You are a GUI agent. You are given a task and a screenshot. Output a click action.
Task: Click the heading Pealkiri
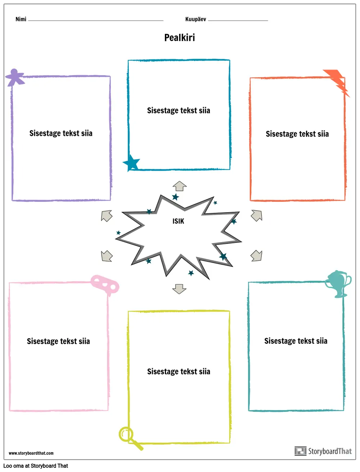[179, 37]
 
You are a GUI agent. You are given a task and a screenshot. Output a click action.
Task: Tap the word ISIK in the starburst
[178, 221]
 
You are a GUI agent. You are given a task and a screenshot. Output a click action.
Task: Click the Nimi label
[21, 19]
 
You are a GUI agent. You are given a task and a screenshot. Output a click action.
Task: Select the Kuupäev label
[195, 19]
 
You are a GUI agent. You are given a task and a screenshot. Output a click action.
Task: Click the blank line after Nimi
[95, 20]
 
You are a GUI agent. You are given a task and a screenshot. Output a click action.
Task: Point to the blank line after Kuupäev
[238, 20]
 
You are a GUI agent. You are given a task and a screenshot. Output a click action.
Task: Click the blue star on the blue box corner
[131, 163]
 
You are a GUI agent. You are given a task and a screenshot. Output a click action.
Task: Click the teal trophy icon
[338, 283]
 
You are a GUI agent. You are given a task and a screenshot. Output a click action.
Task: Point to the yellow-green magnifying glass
[130, 437]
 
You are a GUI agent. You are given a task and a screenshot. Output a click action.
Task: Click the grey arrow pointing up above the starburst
[179, 186]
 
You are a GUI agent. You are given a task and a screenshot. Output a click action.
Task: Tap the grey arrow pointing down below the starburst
[179, 289]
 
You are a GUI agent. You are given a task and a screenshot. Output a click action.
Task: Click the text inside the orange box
[297, 134]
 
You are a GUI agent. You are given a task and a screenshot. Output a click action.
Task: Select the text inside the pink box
[58, 341]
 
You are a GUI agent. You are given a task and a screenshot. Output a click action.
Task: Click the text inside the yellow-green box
[179, 371]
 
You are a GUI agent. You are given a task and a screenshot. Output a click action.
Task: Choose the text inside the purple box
[61, 133]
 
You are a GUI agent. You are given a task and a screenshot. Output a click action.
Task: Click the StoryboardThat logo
[323, 451]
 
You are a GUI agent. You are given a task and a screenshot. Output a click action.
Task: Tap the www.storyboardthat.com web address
[31, 453]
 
